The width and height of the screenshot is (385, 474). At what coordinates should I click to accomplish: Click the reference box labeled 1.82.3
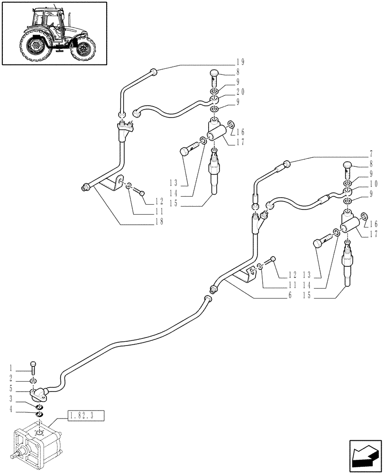tap(87, 417)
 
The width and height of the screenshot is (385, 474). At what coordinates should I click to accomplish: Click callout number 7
tap(370, 154)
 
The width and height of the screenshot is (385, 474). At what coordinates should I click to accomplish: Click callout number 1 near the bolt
tap(10, 368)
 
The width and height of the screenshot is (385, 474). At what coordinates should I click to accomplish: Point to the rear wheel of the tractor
tap(36, 46)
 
